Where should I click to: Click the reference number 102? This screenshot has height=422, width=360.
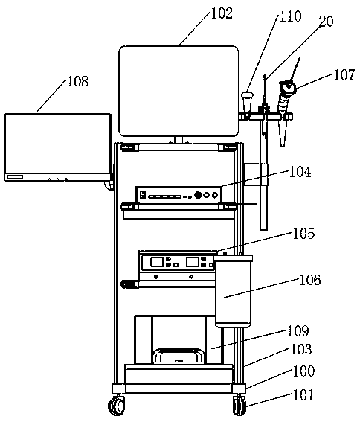[222, 13]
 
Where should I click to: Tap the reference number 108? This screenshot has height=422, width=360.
[77, 81]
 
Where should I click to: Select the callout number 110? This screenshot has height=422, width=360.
[291, 16]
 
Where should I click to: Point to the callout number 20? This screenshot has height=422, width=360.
[326, 21]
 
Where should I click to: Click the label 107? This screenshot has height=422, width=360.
[344, 74]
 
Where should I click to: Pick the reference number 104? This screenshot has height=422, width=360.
[300, 171]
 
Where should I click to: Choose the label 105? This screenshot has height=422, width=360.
[303, 234]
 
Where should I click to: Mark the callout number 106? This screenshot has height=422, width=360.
[310, 280]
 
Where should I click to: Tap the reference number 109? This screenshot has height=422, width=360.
[298, 330]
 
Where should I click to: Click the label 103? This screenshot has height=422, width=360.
[301, 349]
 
